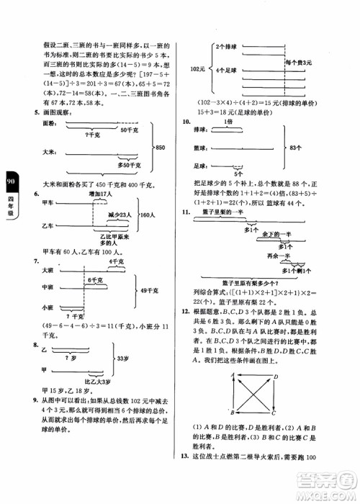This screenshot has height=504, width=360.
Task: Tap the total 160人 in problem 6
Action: (147, 214)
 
